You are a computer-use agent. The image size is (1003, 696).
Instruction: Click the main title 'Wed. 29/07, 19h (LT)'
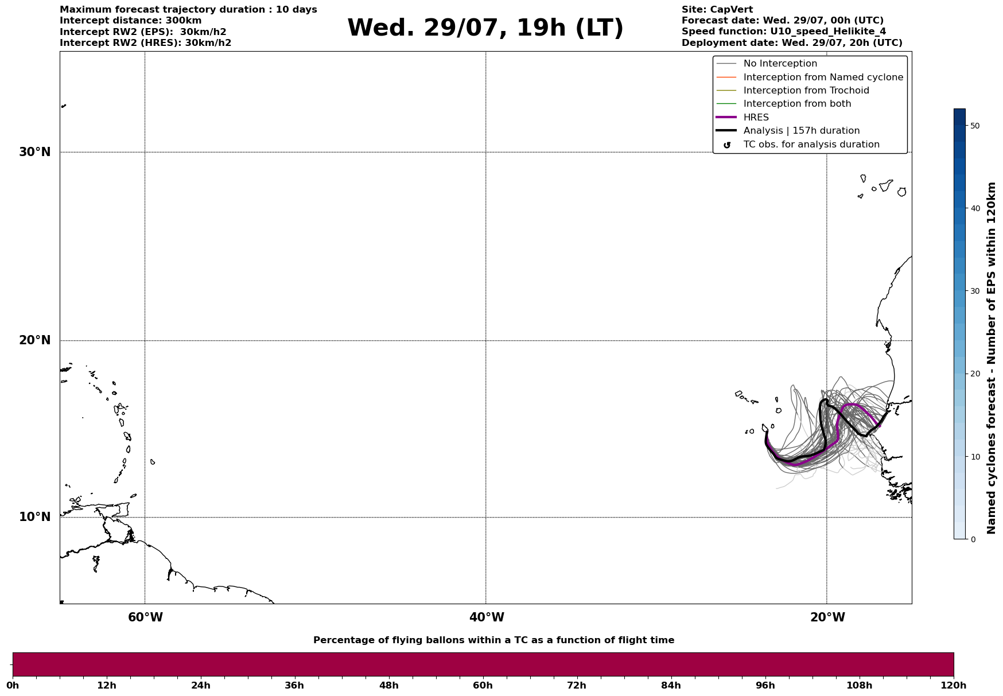tap(485, 28)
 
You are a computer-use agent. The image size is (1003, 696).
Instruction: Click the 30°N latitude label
tap(35, 152)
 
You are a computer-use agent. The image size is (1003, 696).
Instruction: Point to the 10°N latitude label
tap(35, 517)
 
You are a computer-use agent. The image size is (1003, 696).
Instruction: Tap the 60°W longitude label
tap(145, 617)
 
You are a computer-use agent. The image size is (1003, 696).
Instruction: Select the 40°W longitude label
tap(487, 617)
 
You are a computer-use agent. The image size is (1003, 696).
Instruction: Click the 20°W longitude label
tap(827, 617)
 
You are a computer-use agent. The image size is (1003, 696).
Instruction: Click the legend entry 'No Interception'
tap(780, 64)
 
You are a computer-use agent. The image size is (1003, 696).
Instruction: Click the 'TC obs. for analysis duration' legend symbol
tap(727, 145)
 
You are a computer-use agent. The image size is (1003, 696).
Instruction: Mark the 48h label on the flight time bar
tap(388, 686)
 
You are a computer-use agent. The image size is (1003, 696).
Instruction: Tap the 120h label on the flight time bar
tap(954, 686)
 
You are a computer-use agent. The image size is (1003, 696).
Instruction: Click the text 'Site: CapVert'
tap(717, 10)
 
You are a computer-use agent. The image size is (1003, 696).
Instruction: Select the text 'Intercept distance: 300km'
tap(131, 21)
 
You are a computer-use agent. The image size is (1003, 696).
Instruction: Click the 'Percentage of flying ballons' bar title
tap(493, 640)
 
